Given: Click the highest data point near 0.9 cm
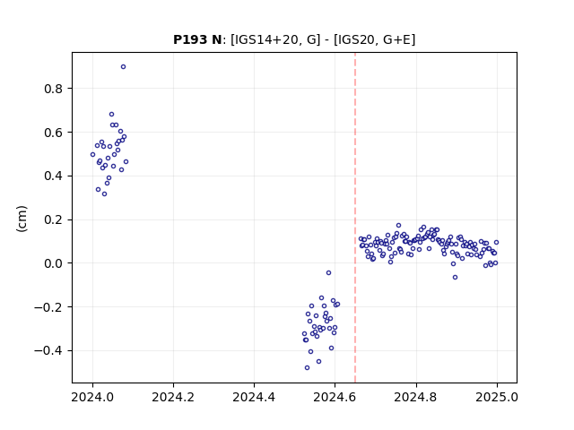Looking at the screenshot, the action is (124, 67).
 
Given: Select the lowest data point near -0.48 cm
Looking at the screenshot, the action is (307, 368).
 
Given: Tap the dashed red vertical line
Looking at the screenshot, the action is (355, 218).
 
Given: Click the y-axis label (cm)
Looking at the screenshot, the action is (22, 219).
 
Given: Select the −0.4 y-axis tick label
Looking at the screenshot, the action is (49, 350).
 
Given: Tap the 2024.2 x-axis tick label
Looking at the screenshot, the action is (173, 397).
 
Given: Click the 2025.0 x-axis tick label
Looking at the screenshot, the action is (497, 397).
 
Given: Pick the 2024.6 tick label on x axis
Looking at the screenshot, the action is (335, 397).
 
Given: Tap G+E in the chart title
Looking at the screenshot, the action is (397, 39).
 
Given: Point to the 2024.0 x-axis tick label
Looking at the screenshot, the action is (92, 397).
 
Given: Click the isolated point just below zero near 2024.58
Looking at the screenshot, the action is (329, 272).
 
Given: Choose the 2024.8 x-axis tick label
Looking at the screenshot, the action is (416, 397).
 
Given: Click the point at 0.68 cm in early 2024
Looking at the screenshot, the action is (111, 115).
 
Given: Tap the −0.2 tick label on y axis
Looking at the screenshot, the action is (49, 307).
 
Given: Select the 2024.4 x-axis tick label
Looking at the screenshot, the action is (254, 397).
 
